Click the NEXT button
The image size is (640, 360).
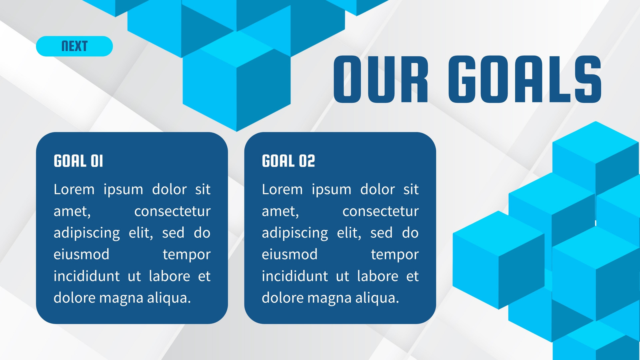[74, 46]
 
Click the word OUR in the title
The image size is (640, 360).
[380, 79]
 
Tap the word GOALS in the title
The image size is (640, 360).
[525, 79]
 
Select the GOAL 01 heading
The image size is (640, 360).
[78, 161]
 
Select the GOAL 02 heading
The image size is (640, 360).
[288, 161]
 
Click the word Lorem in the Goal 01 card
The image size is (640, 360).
[74, 190]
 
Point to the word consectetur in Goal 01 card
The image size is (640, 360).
[172, 211]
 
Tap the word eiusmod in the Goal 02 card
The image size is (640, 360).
[290, 254]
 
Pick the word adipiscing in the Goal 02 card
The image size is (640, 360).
[295, 233]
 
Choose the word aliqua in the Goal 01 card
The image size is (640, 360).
[169, 298]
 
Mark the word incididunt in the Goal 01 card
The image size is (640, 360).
[86, 276]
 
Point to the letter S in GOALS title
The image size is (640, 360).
[588, 79]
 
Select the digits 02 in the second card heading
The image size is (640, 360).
[307, 161]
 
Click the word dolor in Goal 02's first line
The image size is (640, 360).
[378, 190]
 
